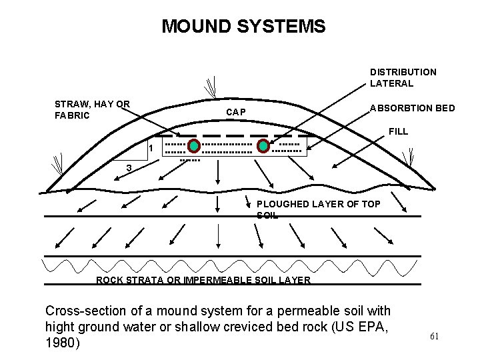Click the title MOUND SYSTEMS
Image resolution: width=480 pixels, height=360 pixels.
click(243, 27)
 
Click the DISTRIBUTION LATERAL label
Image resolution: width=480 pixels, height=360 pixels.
click(403, 77)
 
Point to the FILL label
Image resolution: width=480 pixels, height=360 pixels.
click(398, 131)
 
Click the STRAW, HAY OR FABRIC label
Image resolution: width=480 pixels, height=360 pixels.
click(92, 109)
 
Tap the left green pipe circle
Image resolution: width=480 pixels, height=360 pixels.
click(193, 146)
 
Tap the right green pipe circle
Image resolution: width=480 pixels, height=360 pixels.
click(263, 146)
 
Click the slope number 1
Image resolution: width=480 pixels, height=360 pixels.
click(151, 148)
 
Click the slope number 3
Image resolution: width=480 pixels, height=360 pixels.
click(128, 167)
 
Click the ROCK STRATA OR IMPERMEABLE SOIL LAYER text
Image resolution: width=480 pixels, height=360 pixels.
click(203, 280)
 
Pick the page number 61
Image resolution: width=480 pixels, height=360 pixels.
click(434, 336)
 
